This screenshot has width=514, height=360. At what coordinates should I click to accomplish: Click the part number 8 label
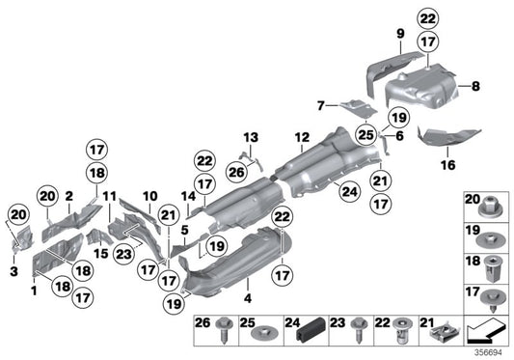coord(474,87)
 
